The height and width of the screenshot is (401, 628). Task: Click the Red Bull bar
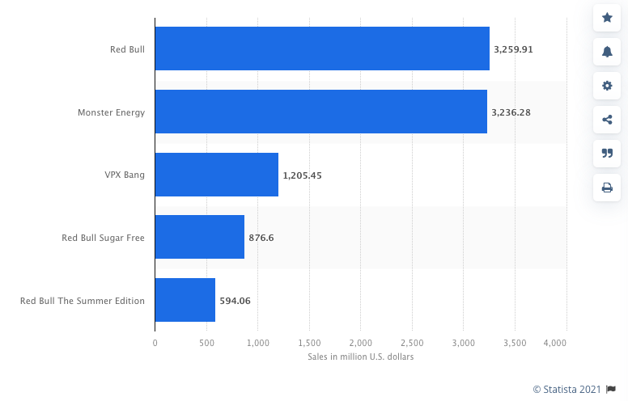(322, 49)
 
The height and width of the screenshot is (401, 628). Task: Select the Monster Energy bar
(320, 112)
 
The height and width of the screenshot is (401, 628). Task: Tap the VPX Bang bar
(216, 175)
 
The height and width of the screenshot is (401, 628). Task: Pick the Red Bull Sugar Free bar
(199, 237)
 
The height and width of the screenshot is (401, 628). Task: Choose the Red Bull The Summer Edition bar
(185, 300)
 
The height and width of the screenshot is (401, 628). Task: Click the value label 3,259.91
(513, 49)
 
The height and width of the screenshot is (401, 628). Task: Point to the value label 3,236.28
(511, 112)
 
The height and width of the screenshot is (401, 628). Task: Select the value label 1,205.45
(302, 175)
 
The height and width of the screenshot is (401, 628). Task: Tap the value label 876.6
(261, 238)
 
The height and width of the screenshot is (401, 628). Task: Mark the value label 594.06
(235, 301)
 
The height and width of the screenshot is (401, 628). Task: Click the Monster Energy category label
(111, 112)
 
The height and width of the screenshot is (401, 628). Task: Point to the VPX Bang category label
(125, 175)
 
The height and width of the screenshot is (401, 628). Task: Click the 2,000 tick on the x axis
(361, 344)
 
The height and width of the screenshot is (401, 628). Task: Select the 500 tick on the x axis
(206, 344)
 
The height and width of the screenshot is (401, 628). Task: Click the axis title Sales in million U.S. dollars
(360, 357)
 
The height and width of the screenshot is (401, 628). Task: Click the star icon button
(607, 17)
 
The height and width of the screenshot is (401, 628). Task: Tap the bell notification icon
(607, 52)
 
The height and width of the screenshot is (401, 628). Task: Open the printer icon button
(607, 188)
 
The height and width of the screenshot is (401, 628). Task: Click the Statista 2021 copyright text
(566, 389)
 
